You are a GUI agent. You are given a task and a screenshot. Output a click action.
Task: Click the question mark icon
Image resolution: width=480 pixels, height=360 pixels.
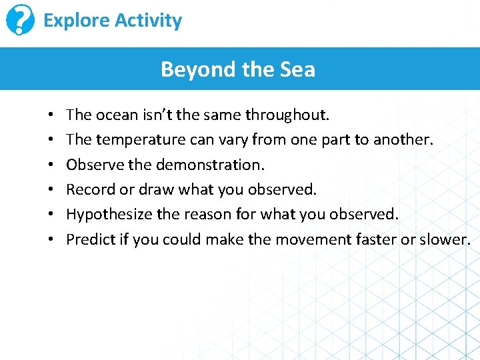point(20,21)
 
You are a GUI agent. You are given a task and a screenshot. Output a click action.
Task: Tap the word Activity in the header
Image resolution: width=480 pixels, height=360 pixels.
point(148,21)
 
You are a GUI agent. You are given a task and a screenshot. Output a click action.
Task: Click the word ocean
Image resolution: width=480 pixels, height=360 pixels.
point(117,115)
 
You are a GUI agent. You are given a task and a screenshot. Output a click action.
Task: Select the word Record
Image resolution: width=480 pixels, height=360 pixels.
point(91,189)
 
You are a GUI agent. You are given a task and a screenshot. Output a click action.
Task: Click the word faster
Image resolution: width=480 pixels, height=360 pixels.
point(376,239)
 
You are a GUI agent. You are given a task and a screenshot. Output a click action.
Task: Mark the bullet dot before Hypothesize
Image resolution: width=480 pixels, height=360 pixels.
point(52,215)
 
